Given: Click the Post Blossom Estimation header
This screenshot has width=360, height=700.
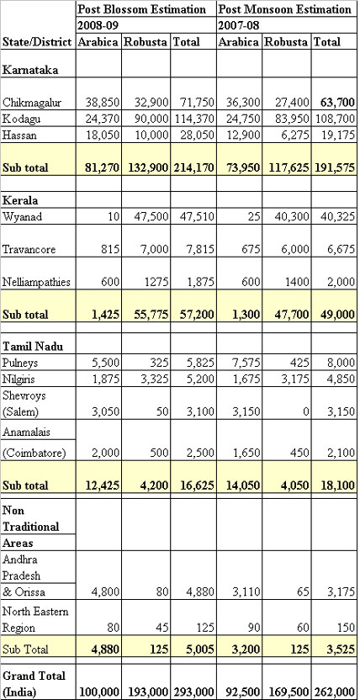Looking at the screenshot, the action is point(142,9).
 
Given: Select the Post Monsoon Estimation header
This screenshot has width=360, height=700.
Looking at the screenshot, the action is point(284,9).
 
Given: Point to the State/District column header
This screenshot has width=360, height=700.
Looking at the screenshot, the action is point(38,42).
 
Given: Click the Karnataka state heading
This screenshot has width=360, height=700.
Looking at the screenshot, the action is point(30,70).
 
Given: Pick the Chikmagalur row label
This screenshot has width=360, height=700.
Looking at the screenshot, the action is point(32,103).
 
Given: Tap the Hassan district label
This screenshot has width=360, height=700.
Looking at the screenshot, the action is point(18,135).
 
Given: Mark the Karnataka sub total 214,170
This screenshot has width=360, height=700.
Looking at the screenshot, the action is point(193,168).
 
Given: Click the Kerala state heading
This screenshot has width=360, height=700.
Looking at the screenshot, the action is point(20,200).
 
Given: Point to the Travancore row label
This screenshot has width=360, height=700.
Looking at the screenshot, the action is point(29,249).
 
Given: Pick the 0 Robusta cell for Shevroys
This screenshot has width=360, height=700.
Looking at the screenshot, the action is point(306,411).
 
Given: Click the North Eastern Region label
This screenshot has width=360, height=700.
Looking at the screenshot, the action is point(35,618).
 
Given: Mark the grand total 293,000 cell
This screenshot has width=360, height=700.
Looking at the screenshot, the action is point(193,692).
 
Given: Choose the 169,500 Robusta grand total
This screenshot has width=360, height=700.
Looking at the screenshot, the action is point(289,692).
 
